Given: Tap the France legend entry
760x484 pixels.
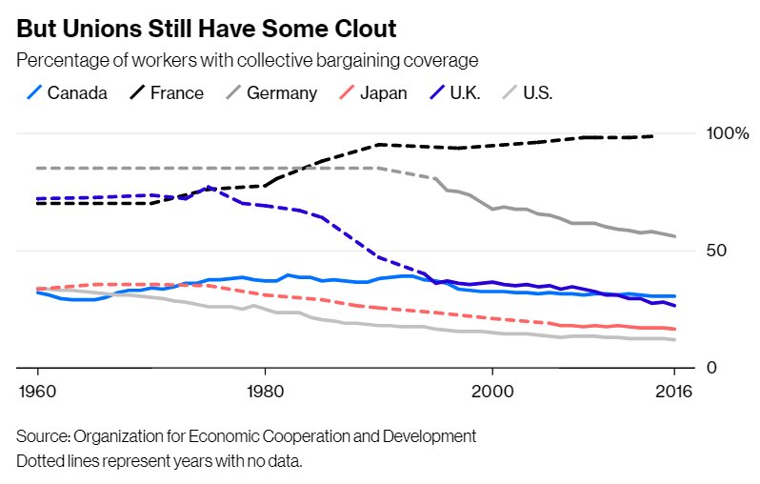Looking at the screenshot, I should [176, 92].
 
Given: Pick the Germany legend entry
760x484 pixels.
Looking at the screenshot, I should [281, 92].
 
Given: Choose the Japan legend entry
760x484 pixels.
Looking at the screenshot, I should [381, 92].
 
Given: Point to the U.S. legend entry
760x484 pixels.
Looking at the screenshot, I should [537, 92].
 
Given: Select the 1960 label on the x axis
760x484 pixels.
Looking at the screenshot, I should [37, 392].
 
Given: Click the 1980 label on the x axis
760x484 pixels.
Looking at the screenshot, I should [265, 392].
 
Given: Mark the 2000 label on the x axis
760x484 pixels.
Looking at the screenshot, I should [492, 392].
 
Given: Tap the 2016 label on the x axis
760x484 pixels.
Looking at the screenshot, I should [674, 392].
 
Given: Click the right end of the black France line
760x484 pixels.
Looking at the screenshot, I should [652, 136].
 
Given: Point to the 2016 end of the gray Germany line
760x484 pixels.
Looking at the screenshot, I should [674, 236].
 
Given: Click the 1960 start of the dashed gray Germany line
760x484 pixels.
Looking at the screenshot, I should [38, 168].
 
